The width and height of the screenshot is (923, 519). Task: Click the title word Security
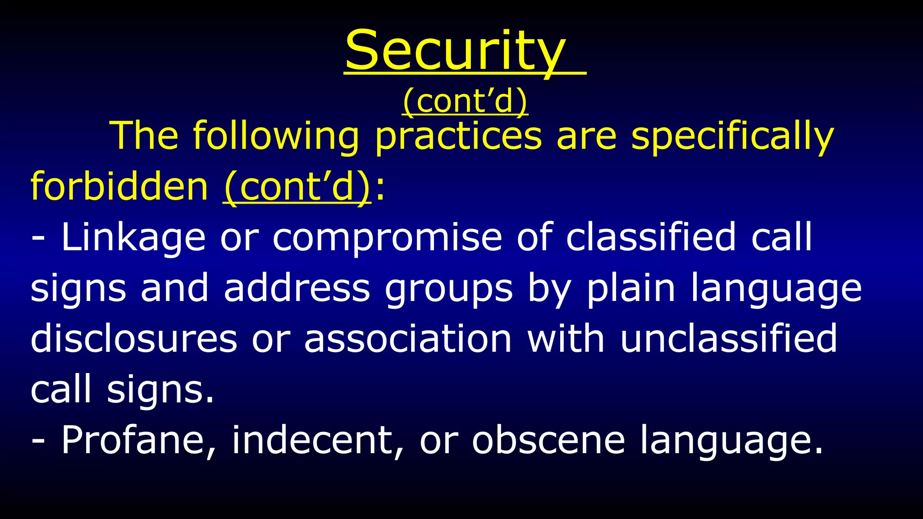pos(455,50)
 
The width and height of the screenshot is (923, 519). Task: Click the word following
pos(276,136)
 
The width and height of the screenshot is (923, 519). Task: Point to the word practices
pos(458,136)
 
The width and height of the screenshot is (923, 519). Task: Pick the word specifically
pos(732,136)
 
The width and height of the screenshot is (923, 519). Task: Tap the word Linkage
pos(133,238)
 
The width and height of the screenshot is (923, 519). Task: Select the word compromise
pos(387,238)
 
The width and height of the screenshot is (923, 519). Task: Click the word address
pos(297,288)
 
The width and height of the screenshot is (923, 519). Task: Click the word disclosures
pos(133,339)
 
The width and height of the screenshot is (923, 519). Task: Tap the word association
pos(408,339)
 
